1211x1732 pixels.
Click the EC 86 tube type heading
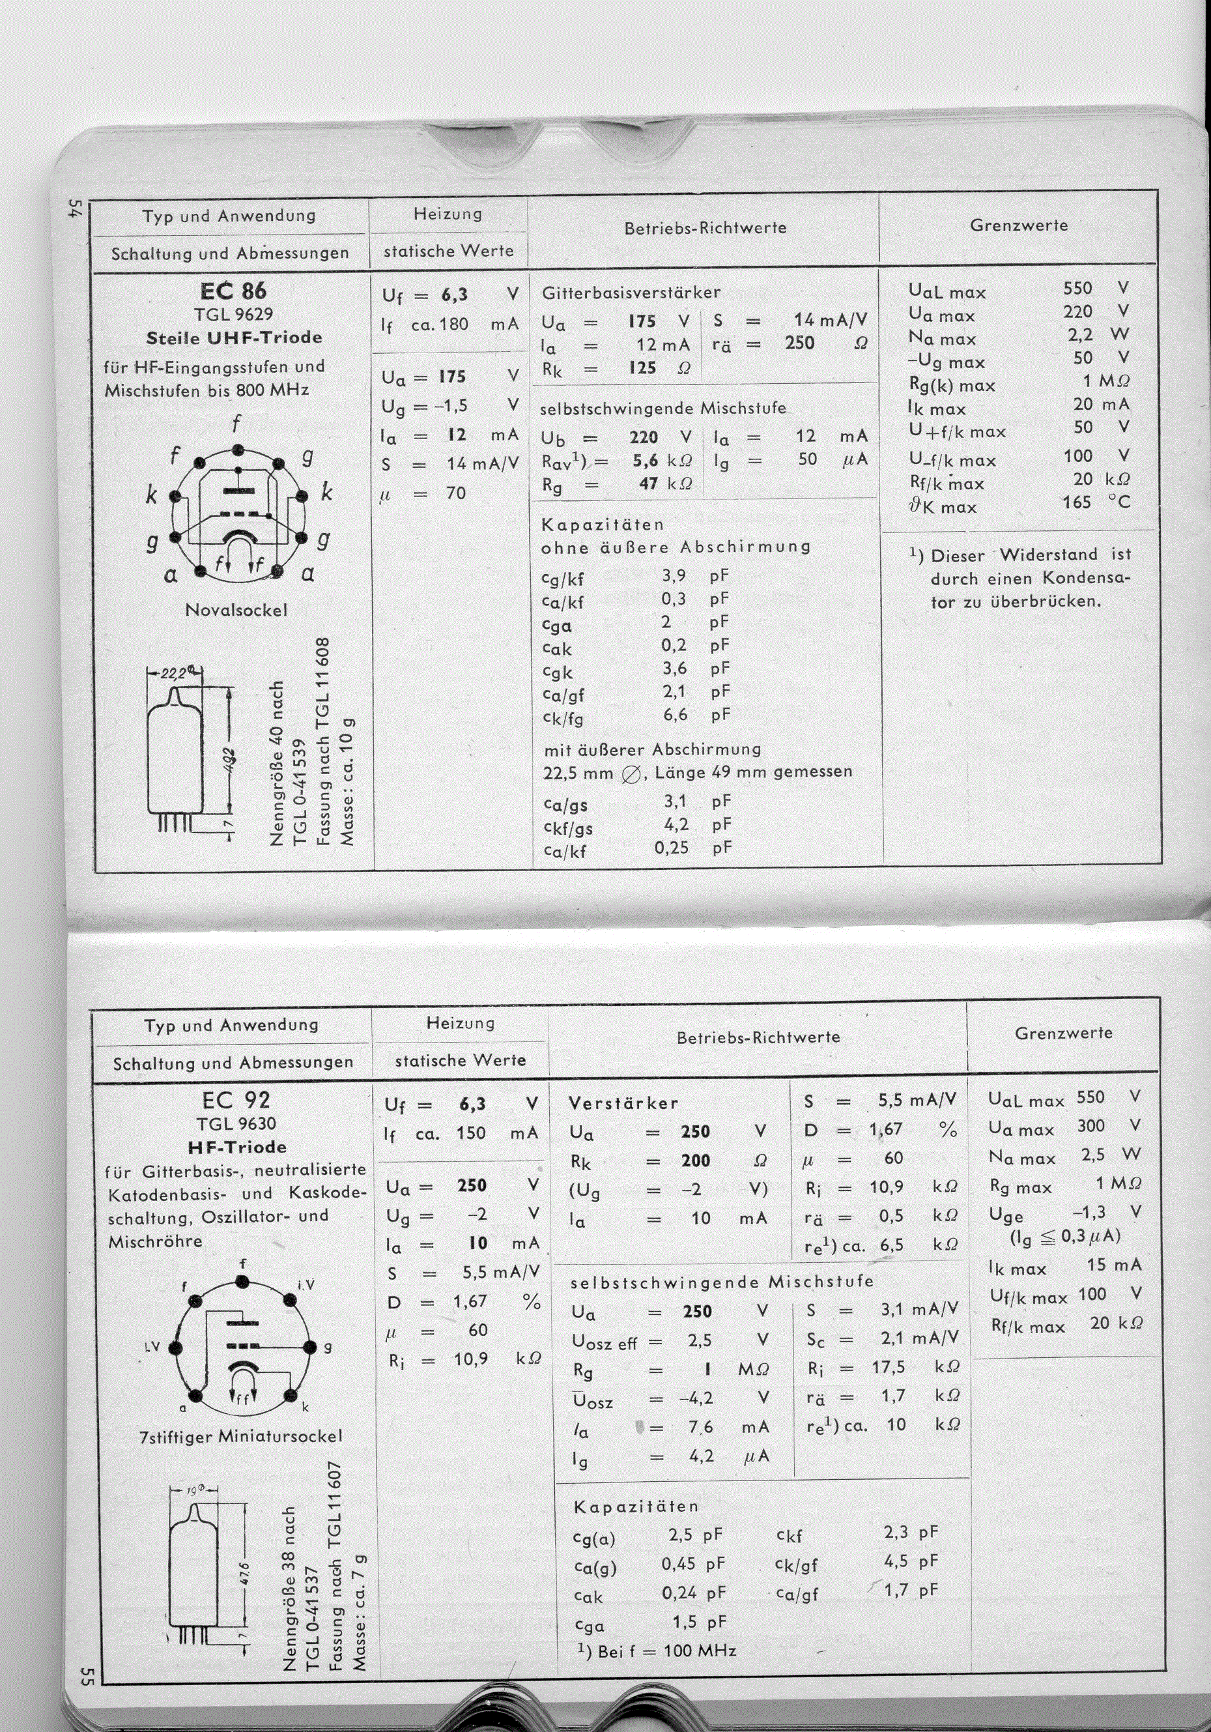pos(234,291)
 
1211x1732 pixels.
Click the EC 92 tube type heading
pos(236,1100)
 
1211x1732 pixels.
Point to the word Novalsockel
pos(236,609)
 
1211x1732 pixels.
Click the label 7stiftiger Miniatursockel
pos(241,1436)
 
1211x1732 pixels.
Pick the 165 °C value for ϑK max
pos(1096,502)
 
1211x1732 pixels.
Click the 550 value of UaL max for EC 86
pos(1077,288)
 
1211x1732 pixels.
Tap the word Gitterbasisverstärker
pos(631,292)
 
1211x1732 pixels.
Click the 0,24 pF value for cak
pos(693,1593)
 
